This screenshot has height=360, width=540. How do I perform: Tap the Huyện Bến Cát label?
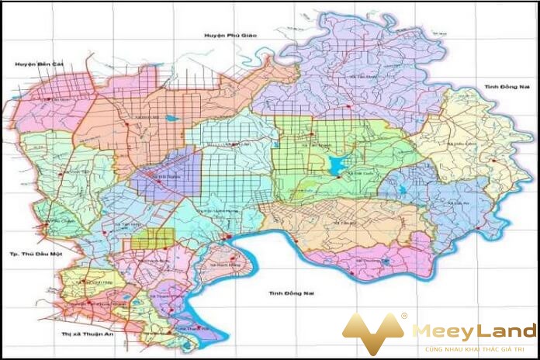point(33,64)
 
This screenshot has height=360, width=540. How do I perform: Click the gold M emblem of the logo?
point(373,334)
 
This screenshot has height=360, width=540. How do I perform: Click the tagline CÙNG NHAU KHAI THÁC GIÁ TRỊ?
point(473,349)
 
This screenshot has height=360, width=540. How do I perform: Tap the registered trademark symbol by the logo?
point(403,316)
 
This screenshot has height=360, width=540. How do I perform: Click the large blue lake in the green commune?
point(335,165)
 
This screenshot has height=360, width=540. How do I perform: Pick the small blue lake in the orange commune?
point(170,119)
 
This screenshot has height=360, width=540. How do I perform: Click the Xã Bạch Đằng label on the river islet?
point(221,263)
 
